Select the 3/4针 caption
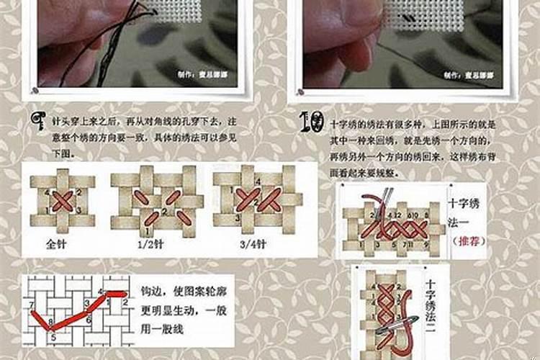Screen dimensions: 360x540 pos(253,244)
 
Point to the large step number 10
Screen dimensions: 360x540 pos(312,123)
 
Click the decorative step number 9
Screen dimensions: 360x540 pos(36,123)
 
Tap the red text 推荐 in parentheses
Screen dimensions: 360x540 pos(469,240)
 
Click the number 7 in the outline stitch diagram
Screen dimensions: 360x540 pos(32,306)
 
